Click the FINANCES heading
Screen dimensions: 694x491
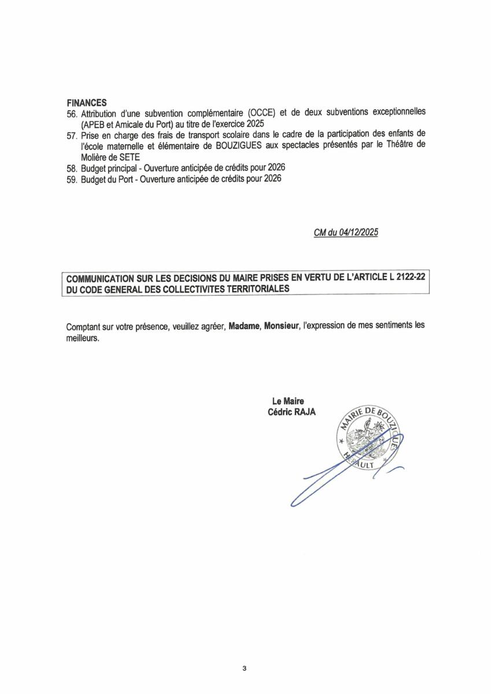[x=86, y=102]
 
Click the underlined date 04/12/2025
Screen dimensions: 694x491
[x=354, y=232]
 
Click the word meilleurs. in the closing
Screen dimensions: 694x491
[x=83, y=337]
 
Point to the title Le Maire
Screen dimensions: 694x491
[x=287, y=401]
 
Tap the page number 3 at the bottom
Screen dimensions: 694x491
[x=245, y=669]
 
